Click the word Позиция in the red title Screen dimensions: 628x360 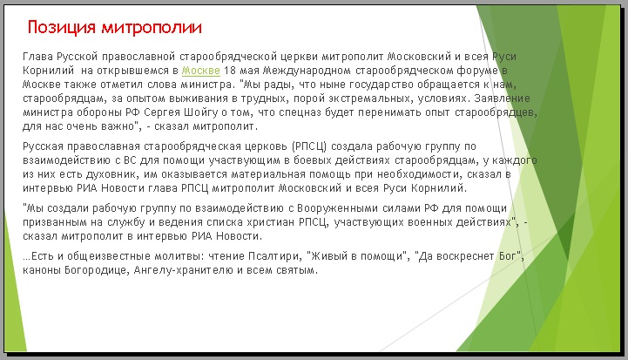click(x=62, y=28)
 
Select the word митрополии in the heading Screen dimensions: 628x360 click(x=152, y=28)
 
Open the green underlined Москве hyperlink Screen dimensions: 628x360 click(x=201, y=71)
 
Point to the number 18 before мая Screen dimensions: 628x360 click(x=229, y=71)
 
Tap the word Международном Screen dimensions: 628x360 click(x=307, y=71)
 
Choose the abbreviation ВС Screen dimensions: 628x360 click(x=130, y=160)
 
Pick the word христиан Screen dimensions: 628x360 click(x=270, y=222)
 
